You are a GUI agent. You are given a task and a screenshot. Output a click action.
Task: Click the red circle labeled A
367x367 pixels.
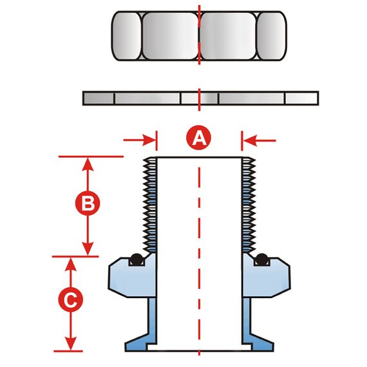pos(198,138)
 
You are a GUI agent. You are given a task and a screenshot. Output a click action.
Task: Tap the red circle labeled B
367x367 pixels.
pos(88,203)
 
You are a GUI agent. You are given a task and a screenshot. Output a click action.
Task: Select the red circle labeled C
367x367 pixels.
pos(70,299)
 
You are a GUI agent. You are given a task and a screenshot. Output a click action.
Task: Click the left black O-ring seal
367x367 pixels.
pos(136,259)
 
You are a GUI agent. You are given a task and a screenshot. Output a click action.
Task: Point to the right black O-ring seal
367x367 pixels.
pos(261,259)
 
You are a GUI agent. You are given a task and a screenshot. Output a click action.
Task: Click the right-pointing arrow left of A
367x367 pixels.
pos(140,140)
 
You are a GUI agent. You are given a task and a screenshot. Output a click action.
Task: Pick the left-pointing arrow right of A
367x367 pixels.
pos(259,140)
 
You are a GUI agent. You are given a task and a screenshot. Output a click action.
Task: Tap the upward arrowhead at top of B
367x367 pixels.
pos(88,164)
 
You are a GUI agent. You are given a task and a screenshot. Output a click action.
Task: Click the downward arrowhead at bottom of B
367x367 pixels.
pos(88,249)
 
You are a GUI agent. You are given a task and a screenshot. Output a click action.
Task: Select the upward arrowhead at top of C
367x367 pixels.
pos(70,265)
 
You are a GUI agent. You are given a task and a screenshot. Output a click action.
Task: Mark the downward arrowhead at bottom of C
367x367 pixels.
pos(70,343)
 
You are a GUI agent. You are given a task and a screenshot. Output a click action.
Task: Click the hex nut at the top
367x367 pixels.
pos(199,36)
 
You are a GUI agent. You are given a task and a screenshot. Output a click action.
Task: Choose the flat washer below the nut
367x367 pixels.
pos(201,99)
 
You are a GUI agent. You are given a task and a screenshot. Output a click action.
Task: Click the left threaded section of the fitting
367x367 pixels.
pos(150,205)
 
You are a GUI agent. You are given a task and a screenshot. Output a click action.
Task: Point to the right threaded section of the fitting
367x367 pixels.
pos(249,205)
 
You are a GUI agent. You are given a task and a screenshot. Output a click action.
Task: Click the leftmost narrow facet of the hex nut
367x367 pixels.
pos(126,36)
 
